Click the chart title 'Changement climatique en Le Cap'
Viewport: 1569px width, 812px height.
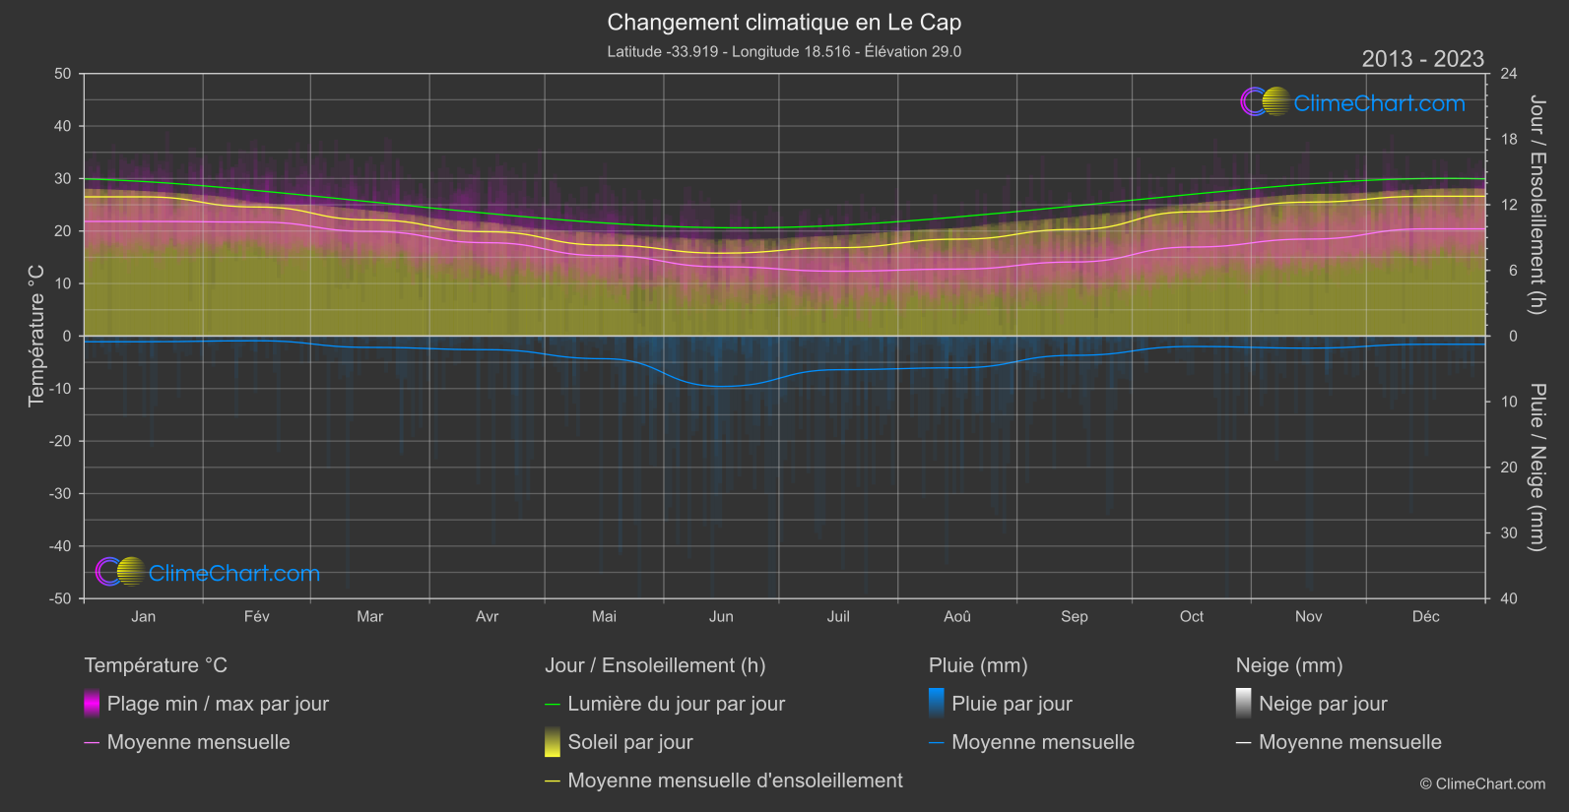tap(784, 23)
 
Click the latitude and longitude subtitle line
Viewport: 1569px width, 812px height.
tap(784, 51)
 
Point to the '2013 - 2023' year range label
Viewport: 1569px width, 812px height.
tap(1422, 59)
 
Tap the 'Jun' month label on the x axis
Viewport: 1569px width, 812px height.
tap(721, 616)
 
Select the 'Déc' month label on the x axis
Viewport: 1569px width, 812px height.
tap(1425, 616)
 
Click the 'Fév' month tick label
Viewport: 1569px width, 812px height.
tap(256, 616)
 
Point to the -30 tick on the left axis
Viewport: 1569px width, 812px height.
tap(61, 494)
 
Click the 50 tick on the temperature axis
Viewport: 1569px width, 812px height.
tap(63, 74)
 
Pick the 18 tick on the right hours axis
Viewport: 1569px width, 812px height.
tap(1509, 140)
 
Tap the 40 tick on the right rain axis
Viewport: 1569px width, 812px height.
tap(1509, 598)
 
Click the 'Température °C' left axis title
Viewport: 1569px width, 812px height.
tap(36, 335)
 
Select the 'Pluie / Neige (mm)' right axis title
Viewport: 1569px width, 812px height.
tap(1536, 468)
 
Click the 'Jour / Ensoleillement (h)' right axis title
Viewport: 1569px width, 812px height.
tap(1536, 205)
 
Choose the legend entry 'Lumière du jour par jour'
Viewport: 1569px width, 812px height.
tap(676, 704)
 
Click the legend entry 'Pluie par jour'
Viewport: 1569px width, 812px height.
tap(1012, 704)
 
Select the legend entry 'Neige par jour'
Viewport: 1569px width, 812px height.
tap(1323, 704)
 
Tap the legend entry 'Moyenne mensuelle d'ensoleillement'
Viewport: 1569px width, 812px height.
tap(735, 781)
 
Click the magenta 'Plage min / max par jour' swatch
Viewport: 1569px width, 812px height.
tap(92, 704)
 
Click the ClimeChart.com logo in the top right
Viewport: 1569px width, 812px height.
tap(1353, 102)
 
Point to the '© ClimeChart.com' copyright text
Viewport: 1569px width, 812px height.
tap(1482, 784)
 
